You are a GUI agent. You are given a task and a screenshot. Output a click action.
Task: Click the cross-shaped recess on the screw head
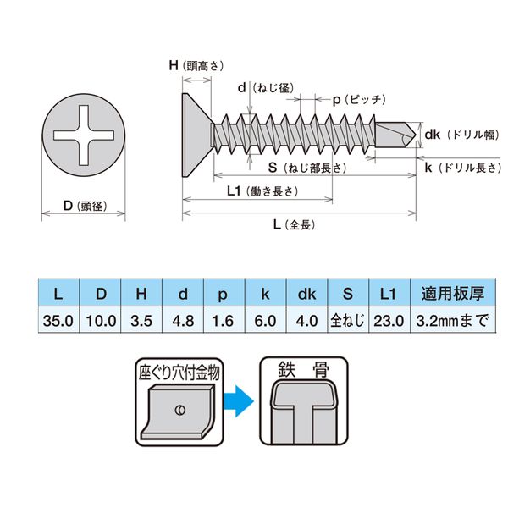pos(84,135)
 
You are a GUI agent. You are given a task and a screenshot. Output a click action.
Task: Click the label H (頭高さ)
pos(196,66)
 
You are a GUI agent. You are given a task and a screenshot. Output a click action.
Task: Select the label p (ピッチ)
pos(359,100)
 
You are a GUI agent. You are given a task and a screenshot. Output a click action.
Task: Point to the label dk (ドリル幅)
pos(462,135)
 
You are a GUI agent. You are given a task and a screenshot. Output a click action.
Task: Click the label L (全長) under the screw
pos(294,224)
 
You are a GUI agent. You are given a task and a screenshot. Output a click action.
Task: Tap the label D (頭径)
pos(86,206)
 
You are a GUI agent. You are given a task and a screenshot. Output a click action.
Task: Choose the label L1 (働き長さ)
pos(262,191)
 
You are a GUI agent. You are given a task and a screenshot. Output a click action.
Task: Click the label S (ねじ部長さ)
pos(307,168)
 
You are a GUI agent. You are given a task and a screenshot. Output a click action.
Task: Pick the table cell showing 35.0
pos(58,321)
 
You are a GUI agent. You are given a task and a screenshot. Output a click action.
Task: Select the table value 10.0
pos(101,321)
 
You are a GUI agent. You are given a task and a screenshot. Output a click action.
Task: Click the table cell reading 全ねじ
pos(348,321)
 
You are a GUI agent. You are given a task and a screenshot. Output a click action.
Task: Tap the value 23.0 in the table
pos(389,321)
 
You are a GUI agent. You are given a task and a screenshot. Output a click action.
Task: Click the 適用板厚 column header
pos(453,294)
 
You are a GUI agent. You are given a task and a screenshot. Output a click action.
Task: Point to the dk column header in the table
pos(306,294)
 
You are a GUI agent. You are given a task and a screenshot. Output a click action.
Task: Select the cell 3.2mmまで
pos(453,321)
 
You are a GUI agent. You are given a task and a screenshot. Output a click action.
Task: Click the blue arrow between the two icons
pos(239,400)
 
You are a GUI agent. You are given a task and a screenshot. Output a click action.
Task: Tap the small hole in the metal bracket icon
pos(180,410)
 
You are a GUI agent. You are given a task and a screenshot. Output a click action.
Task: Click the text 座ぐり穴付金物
pos(179,373)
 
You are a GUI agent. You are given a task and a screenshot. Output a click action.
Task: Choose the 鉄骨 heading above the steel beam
pos(304,369)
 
